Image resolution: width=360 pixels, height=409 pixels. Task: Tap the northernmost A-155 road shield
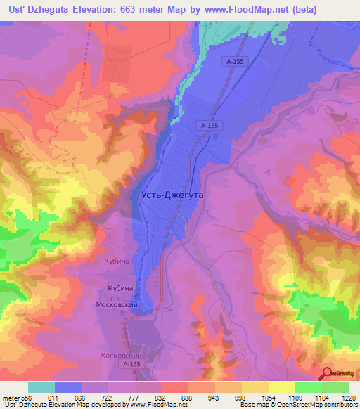point(236,62)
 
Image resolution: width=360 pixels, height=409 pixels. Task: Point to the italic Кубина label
point(116,261)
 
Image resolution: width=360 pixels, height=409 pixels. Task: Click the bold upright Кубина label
point(120,289)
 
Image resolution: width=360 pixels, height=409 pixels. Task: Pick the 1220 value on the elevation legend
point(349,397)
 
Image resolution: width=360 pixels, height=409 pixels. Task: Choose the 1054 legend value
point(269,397)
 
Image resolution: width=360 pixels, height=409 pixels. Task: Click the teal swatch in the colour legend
point(41,387)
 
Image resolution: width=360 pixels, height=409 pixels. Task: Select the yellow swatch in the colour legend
point(281,387)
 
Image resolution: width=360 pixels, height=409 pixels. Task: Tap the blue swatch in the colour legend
point(68,387)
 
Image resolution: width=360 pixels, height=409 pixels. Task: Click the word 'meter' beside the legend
point(10,397)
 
